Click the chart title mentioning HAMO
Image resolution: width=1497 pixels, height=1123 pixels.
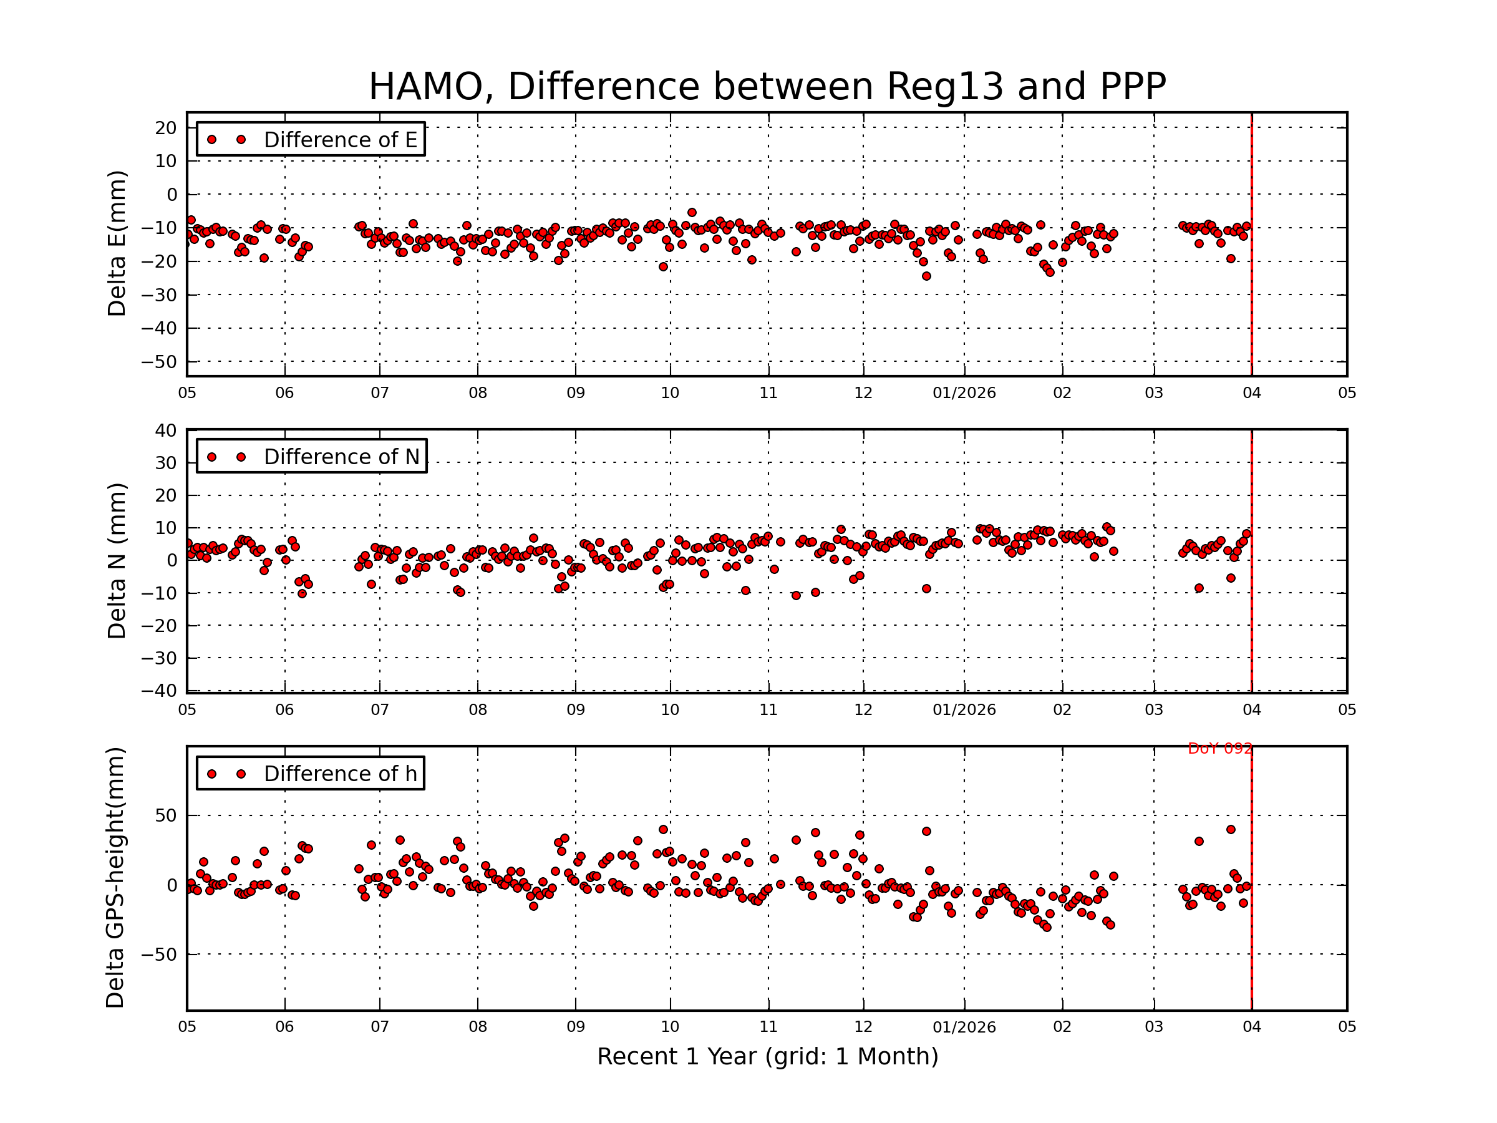767,87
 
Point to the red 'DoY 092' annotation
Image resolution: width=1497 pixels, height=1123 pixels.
1219,749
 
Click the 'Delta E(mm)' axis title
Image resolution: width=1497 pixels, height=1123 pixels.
117,243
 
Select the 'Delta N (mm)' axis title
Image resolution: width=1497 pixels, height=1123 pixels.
117,560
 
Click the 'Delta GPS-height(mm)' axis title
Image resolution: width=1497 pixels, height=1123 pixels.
115,878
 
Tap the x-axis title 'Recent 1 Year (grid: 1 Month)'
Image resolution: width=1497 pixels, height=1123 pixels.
767,1057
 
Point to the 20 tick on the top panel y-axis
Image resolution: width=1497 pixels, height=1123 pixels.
165,128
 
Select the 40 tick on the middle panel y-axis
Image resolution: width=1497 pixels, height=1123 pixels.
165,430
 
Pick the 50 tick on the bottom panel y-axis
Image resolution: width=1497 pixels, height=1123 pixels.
165,815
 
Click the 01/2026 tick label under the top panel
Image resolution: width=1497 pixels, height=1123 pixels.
964,393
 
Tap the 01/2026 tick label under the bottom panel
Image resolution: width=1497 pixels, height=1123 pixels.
964,1028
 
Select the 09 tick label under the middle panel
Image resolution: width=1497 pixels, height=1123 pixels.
575,710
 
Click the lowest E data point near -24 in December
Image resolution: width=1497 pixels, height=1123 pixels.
926,276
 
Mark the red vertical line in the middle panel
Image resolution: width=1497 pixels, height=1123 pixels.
1251,560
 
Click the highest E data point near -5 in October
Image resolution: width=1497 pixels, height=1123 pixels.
692,213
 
